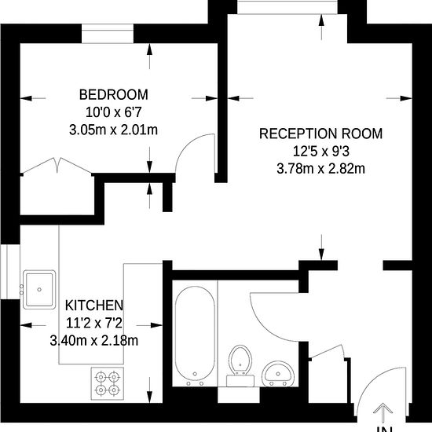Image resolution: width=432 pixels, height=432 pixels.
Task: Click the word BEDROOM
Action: pyautogui.click(x=114, y=94)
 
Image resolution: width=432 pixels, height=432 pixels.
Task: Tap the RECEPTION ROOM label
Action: pyautogui.click(x=320, y=134)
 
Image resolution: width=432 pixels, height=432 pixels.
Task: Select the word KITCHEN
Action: pyautogui.click(x=94, y=306)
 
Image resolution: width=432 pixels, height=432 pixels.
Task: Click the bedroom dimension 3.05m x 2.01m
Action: pyautogui.click(x=114, y=130)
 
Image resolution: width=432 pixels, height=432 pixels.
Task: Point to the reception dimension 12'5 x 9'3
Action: pyautogui.click(x=320, y=151)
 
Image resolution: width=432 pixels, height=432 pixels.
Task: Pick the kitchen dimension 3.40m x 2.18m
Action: pyautogui.click(x=94, y=341)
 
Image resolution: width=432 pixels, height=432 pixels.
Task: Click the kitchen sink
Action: pyautogui.click(x=39, y=290)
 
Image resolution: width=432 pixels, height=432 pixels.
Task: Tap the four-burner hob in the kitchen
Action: pyautogui.click(x=108, y=383)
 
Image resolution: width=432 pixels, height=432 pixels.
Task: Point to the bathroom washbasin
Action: pyautogui.click(x=278, y=374)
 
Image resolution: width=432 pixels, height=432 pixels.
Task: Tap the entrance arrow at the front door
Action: pyautogui.click(x=383, y=412)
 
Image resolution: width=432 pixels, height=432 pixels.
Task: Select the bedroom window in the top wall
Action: pyautogui.click(x=108, y=34)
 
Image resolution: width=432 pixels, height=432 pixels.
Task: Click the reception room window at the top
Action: pyautogui.click(x=287, y=7)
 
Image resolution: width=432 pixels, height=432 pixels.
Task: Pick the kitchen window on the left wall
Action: pyautogui.click(x=10, y=272)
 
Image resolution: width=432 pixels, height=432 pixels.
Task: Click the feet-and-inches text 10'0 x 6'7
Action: pyautogui.click(x=114, y=112)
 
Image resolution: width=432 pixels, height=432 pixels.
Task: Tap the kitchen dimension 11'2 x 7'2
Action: pyautogui.click(x=94, y=323)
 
